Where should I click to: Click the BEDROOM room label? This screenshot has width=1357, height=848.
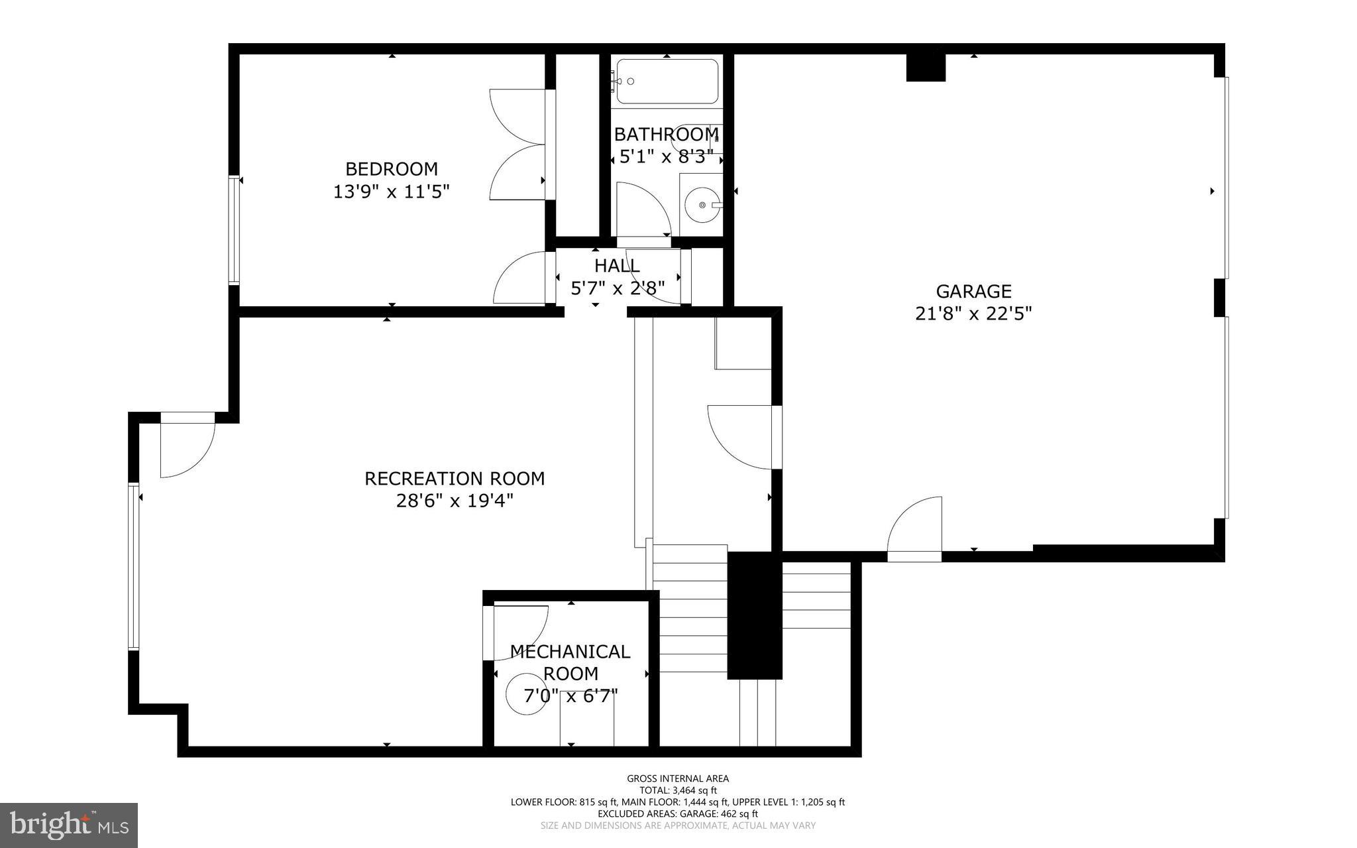point(391,168)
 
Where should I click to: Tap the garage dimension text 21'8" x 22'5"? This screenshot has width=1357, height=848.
point(973,313)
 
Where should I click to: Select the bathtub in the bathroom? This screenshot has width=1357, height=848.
point(667,82)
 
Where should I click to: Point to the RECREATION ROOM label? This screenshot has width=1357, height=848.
point(455,478)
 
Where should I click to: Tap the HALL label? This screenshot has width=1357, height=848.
point(617,266)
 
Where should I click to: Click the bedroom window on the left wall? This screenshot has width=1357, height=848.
point(233,230)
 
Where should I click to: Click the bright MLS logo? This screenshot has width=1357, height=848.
point(69,825)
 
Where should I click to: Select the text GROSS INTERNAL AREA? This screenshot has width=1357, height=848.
point(678,778)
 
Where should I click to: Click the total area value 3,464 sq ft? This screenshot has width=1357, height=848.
point(694,790)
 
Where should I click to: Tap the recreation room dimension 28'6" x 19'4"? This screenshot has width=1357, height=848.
point(455,500)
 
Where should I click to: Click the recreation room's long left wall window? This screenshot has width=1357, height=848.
point(134,566)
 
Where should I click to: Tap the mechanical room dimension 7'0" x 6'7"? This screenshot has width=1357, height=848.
point(570,696)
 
